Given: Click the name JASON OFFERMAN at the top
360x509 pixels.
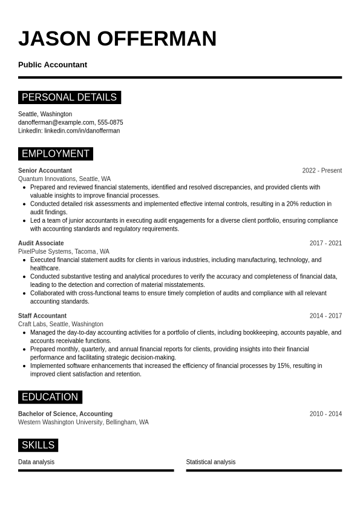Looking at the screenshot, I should [x=117, y=39].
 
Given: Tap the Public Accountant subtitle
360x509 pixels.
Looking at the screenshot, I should [x=53, y=65].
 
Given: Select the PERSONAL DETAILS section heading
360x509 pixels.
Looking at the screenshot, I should [x=69, y=97].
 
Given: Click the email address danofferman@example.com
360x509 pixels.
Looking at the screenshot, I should [x=56, y=122].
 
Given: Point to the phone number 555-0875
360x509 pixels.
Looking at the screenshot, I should [x=110, y=122].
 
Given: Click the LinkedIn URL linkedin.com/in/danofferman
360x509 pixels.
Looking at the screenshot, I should [x=82, y=131].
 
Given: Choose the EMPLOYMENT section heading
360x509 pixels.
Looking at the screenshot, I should [x=56, y=154].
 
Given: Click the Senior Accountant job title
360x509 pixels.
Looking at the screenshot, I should [x=45, y=171].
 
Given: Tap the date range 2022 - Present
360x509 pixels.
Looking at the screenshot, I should [x=322, y=171].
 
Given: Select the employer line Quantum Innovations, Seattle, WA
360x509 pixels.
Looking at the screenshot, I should [x=64, y=179].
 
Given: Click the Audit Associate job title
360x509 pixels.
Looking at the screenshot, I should [x=41, y=243].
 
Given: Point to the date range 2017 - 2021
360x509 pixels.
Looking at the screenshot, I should [x=326, y=243].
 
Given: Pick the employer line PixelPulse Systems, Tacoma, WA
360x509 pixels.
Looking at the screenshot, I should [x=64, y=252].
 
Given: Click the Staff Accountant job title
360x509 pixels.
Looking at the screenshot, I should [x=42, y=316].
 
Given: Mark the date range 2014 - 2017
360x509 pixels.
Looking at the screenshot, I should [x=326, y=316].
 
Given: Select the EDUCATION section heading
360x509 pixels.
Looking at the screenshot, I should [x=50, y=397].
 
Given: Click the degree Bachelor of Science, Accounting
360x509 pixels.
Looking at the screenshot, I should [x=65, y=414].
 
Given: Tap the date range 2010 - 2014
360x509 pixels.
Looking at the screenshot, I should [x=326, y=414].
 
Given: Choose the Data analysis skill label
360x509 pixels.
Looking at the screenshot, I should [x=36, y=462].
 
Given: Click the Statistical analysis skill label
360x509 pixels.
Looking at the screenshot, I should [x=211, y=462].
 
